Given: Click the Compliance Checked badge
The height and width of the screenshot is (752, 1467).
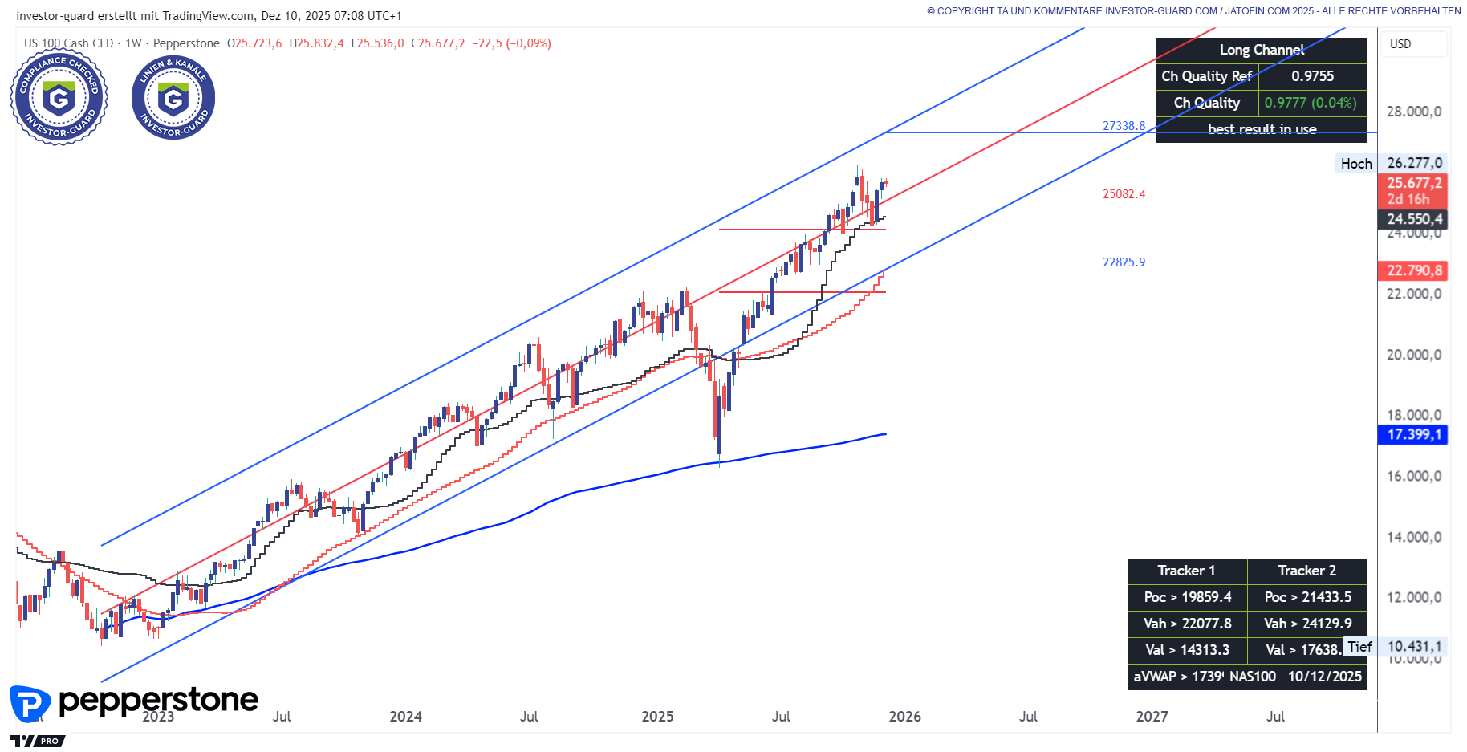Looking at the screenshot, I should coord(59,98).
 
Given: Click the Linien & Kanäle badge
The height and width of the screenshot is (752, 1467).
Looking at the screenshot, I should coord(173,98).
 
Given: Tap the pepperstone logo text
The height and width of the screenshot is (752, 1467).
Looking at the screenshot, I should coord(158,701).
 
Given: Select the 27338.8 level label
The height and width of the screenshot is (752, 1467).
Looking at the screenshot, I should coord(1124,126).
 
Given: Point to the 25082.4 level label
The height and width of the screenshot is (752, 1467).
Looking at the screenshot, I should coord(1124,194).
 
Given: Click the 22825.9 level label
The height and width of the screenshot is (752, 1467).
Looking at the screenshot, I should coord(1124,262).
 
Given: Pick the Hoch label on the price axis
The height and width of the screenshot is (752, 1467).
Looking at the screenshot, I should coord(1356,164).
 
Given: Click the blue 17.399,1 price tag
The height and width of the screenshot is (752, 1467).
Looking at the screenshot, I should coord(1414,434).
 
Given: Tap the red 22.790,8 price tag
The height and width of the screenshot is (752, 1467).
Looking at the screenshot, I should coord(1414,270).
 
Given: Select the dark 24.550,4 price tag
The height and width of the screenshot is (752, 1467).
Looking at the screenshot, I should coord(1414,219).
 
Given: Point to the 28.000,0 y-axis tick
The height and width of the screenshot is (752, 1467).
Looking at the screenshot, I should coord(1414,112).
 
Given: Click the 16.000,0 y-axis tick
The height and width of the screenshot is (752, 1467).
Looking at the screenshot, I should coord(1414,476).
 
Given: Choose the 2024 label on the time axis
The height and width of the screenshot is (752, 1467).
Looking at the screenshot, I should coord(405,717).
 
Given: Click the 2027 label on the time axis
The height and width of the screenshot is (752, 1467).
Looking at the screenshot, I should coord(1152,717).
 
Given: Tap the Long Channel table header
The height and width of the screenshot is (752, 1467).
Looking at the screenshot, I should coord(1262,50).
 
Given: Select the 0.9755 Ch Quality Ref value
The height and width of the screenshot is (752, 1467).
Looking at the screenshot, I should coord(1312,76).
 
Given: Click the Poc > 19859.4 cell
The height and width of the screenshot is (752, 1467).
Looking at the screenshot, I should coord(1188,597).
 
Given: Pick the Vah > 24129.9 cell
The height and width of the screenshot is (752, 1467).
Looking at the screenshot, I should coord(1307,624).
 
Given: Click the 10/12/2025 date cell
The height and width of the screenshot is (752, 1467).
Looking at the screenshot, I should coord(1324,677).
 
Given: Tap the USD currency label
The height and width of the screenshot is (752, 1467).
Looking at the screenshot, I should coord(1400,44).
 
